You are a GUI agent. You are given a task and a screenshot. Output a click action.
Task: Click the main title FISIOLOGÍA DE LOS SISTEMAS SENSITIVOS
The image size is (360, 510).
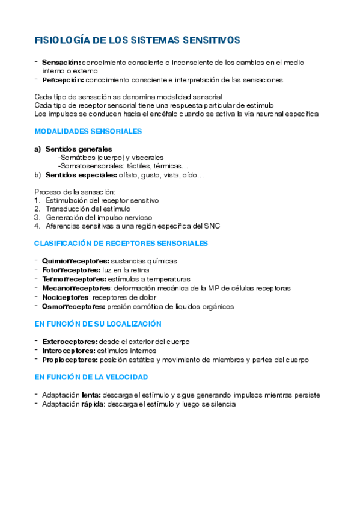click(137, 40)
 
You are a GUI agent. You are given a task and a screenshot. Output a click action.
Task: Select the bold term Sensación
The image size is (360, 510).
click(61, 62)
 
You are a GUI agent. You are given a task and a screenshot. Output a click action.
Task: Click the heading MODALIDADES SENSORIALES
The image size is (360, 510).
click(88, 131)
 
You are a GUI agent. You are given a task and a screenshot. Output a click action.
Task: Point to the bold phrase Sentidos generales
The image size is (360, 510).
click(78, 149)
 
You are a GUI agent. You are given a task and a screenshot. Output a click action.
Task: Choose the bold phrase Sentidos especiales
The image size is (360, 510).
click(81, 175)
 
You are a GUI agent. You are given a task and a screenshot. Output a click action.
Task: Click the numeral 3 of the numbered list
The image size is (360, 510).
click(37, 217)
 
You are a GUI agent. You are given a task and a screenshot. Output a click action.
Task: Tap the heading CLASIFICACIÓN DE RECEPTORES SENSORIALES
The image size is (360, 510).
click(121, 244)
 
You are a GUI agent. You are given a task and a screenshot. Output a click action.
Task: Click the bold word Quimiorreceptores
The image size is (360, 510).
click(76, 261)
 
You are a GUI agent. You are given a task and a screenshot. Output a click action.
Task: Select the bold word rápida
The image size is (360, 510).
click(88, 404)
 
